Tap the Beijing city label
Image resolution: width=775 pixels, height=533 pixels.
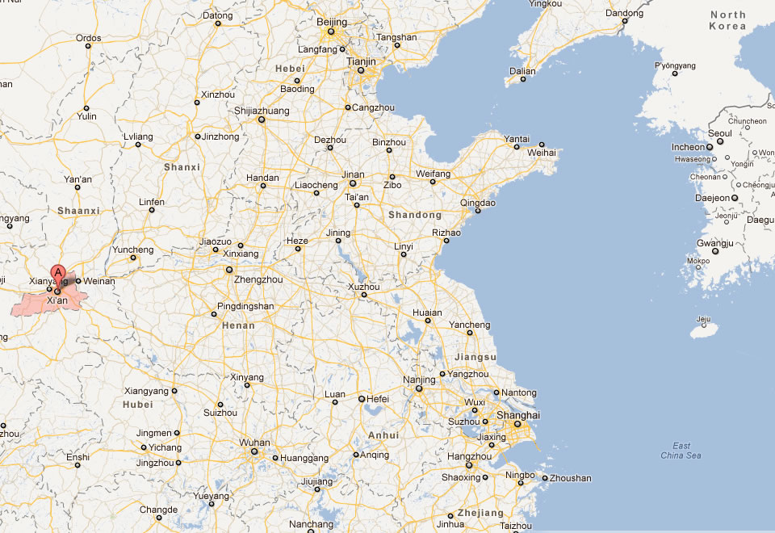point(331,22)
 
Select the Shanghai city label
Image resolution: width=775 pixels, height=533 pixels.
point(518,415)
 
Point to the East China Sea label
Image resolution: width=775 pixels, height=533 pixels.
point(681,451)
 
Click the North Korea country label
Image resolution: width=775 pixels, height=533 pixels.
point(727,20)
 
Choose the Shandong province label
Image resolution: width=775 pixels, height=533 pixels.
point(415,215)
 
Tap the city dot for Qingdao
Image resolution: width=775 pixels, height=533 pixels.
point(478,212)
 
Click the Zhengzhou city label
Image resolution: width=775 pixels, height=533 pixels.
point(258,279)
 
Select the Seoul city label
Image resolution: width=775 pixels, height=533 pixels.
point(719,133)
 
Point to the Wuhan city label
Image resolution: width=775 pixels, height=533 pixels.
point(254,443)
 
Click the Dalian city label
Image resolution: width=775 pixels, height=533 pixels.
point(522,71)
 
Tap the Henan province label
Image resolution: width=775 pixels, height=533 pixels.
point(237,325)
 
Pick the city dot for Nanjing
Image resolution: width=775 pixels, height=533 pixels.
point(419,388)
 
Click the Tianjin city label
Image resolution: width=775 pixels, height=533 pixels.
point(361,61)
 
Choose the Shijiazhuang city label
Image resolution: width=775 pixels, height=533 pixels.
point(262,111)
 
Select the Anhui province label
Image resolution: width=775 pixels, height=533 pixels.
point(383,434)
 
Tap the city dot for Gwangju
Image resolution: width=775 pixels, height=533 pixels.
point(715,251)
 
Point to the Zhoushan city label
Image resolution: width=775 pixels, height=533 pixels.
point(572,478)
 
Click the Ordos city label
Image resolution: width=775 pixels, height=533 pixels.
point(89,38)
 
